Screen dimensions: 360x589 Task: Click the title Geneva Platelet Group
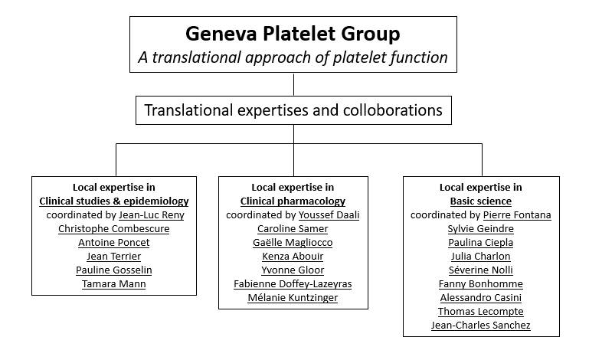pyautogui.click(x=293, y=34)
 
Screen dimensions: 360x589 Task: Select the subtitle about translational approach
pyautogui.click(x=293, y=57)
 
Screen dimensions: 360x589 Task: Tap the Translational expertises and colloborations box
pyautogui.click(x=293, y=110)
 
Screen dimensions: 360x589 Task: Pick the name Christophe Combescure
pyautogui.click(x=113, y=229)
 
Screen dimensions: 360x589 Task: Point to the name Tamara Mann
pyautogui.click(x=113, y=284)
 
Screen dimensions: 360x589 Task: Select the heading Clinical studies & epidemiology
pyautogui.click(x=113, y=201)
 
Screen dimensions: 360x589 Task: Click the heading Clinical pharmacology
pyautogui.click(x=293, y=201)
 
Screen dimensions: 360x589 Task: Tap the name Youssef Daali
pyautogui.click(x=329, y=215)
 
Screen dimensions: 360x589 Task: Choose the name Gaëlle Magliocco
pyautogui.click(x=293, y=243)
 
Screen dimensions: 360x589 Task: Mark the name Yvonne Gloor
pyautogui.click(x=293, y=270)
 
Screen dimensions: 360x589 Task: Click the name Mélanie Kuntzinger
pyautogui.click(x=293, y=298)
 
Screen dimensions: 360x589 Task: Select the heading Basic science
pyautogui.click(x=480, y=201)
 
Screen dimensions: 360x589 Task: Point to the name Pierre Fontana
pyautogui.click(x=517, y=215)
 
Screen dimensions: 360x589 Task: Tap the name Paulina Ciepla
pyautogui.click(x=480, y=243)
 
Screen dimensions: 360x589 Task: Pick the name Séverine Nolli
pyautogui.click(x=480, y=270)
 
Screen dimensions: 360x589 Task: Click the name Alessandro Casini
pyautogui.click(x=480, y=298)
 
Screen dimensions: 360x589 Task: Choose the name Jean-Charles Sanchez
pyautogui.click(x=480, y=326)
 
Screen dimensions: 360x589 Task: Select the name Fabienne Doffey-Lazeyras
pyautogui.click(x=293, y=284)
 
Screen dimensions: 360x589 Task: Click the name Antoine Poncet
pyautogui.click(x=113, y=243)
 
